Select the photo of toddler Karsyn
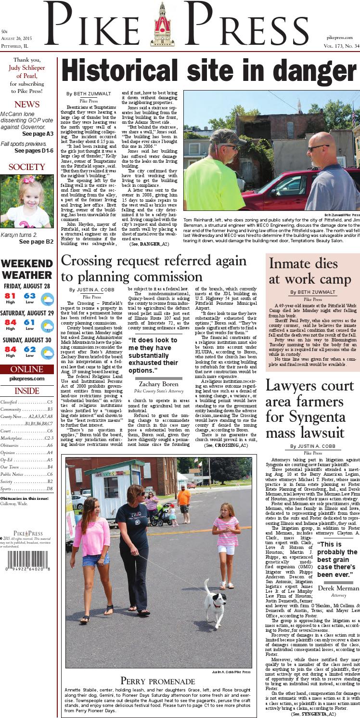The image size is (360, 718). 27,201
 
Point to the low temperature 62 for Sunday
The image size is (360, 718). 30,349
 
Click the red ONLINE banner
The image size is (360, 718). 27,369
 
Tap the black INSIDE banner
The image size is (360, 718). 27,390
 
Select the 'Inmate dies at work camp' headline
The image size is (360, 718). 310,272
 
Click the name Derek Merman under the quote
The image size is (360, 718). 338,588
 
